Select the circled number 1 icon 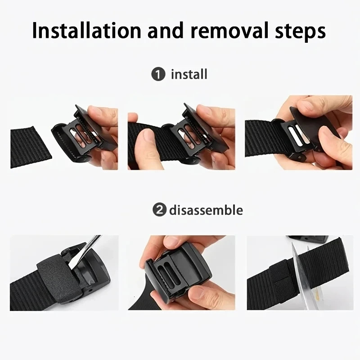tap(158, 74)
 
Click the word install tap(189, 74)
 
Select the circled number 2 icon tap(158, 210)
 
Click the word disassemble tap(206, 210)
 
